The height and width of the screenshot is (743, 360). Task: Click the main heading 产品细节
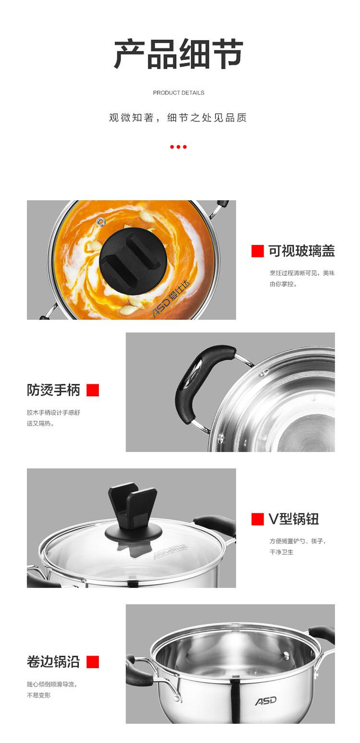point(179,54)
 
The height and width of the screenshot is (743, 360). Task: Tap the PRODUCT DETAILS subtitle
point(179,93)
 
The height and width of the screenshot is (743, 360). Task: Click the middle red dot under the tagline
point(179,146)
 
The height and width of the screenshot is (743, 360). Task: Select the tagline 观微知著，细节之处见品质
point(178,118)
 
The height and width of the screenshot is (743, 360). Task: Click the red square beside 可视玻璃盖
point(258,251)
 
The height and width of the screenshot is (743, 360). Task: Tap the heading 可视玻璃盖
point(301,251)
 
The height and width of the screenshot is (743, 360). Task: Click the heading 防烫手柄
point(53,390)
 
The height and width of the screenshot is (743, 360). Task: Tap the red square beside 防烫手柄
point(93,390)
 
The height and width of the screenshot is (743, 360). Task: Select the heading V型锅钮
point(294,519)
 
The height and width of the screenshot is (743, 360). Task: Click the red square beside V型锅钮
point(258,519)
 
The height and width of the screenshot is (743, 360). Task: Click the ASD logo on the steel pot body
point(266,701)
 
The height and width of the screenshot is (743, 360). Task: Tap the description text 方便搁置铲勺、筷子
point(297,541)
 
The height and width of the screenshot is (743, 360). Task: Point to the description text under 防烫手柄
point(53,418)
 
